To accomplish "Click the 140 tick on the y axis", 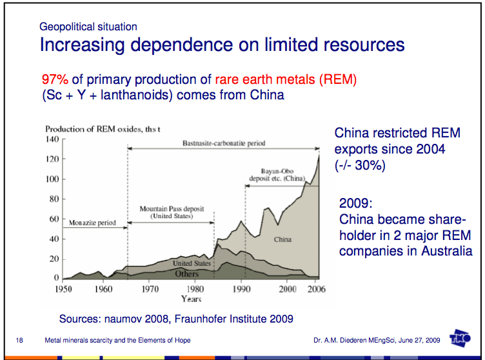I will (52, 139).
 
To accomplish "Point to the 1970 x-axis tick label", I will (150, 289).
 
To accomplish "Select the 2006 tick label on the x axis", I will (317, 289).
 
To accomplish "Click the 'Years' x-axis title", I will (192, 299).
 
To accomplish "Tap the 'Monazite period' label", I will (92, 223).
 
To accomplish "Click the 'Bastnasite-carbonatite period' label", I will (224, 143).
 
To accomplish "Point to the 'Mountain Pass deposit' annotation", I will (172, 210).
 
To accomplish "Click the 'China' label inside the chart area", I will (282, 239).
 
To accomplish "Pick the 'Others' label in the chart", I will (188, 274).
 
